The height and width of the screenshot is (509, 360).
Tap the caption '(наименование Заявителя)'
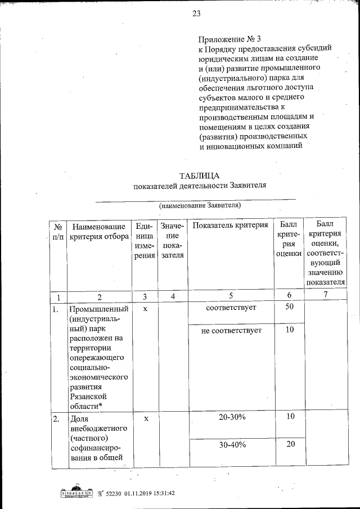coord(200,205)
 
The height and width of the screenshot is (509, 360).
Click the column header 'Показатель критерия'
coord(230,226)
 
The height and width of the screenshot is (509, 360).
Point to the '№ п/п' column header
coord(57,232)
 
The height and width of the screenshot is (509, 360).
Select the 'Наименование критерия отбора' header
coord(99,231)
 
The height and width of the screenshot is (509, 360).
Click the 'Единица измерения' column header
coord(145,241)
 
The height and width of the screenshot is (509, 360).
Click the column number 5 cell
coord(230,296)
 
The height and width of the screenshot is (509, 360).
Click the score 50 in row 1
coord(289,308)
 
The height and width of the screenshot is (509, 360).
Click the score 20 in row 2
coord(290,445)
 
